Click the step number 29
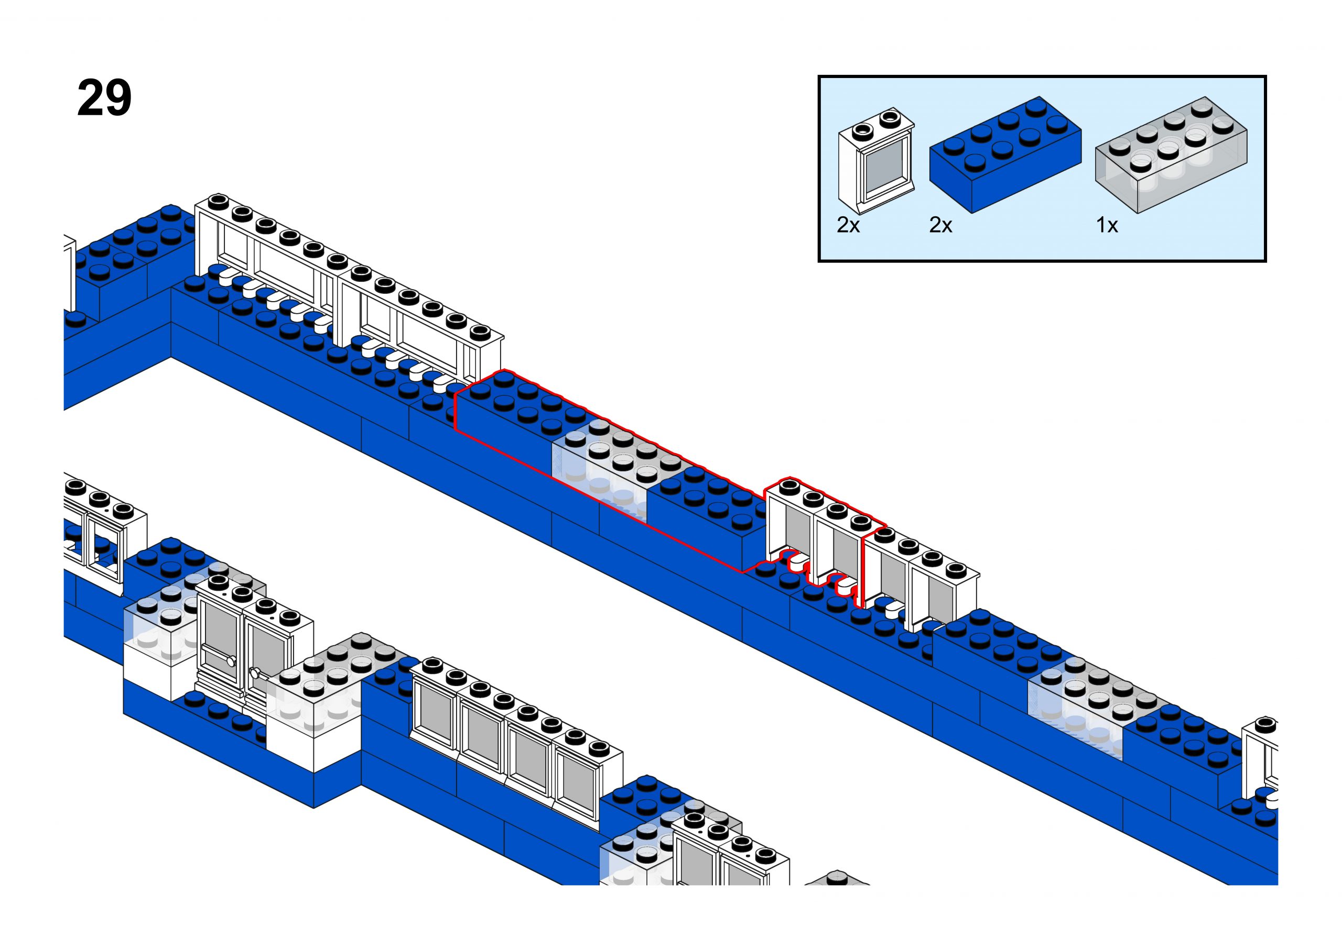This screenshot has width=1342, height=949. (x=104, y=98)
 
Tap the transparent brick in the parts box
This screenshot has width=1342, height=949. (x=1171, y=155)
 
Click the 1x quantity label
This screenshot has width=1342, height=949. (x=1106, y=225)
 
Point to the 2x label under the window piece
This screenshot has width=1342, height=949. (x=848, y=225)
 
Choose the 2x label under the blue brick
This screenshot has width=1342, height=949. (x=940, y=225)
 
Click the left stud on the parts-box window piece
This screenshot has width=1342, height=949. (x=861, y=130)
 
